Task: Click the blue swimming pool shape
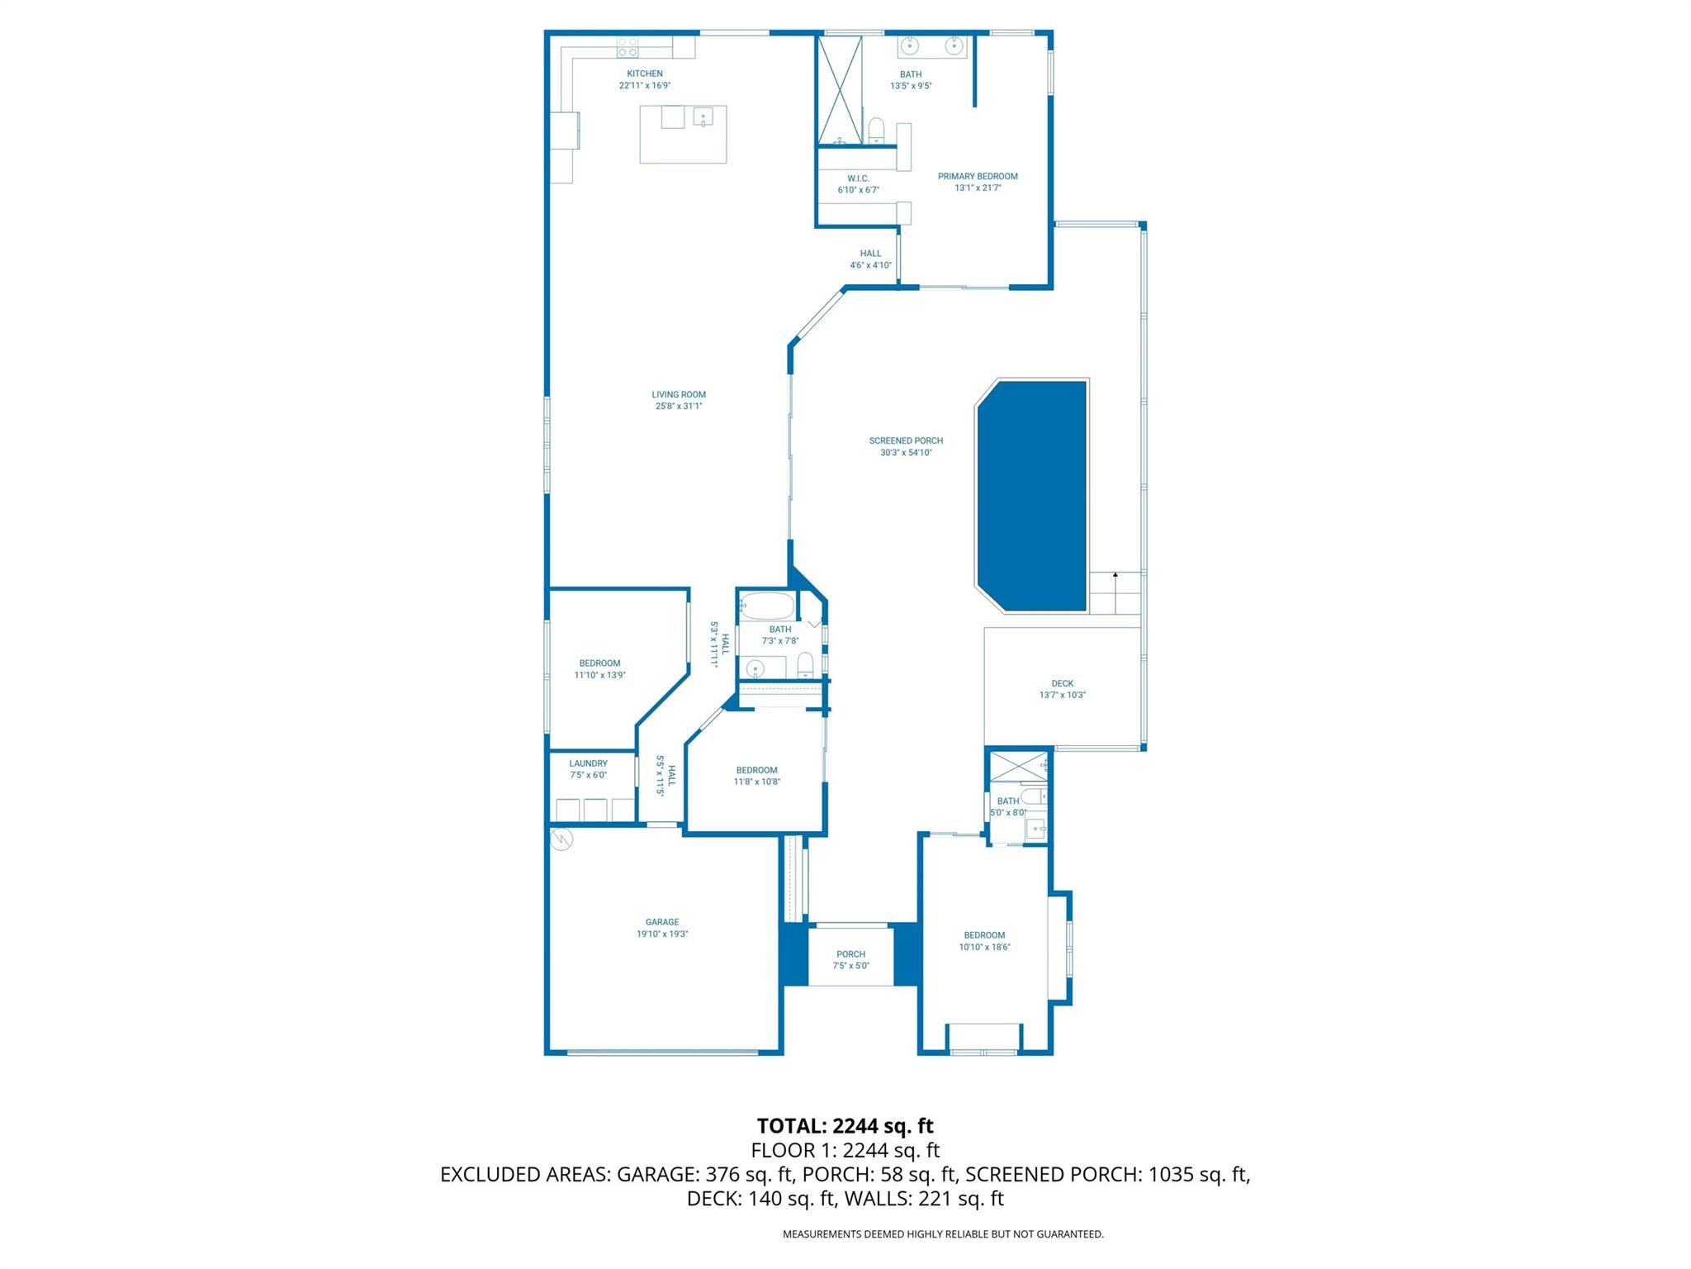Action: coord(1032,496)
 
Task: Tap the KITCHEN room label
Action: coord(644,74)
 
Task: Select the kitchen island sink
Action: coord(703,116)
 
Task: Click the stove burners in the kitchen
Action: coord(627,46)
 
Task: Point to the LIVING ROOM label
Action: coord(679,395)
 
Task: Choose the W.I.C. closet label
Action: coord(858,178)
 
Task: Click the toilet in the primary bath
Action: coord(876,131)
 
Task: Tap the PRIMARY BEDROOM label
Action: coord(978,176)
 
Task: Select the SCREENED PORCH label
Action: coord(906,441)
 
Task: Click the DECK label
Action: coord(1062,683)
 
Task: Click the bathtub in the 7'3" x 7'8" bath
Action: coord(766,606)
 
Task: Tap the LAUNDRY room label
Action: coord(588,763)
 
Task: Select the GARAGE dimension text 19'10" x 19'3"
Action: coord(662,934)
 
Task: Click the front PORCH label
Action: coord(850,954)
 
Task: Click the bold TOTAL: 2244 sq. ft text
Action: coord(845,1126)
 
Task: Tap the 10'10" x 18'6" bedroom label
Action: coord(984,948)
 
